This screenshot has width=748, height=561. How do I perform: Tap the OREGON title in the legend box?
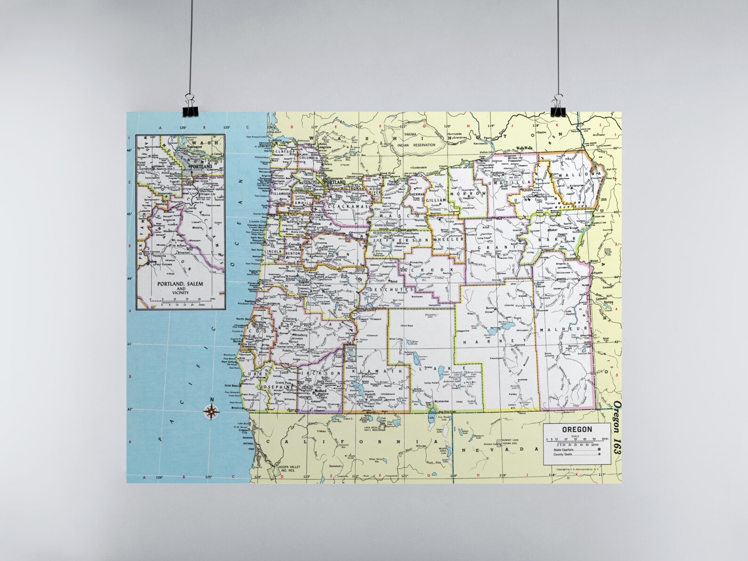click(577, 429)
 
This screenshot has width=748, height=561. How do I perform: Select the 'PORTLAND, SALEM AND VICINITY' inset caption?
click(173, 288)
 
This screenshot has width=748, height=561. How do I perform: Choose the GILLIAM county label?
click(436, 200)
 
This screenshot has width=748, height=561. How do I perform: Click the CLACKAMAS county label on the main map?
click(343, 206)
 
